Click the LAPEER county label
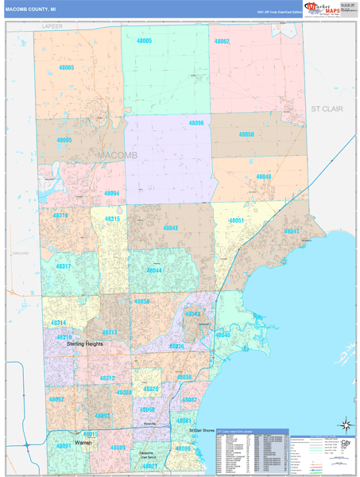[52, 26]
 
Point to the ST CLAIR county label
[327, 108]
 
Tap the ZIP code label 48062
[221, 41]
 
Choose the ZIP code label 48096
[195, 123]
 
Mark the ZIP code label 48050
[246, 135]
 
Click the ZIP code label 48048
[263, 177]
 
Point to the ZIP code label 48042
[170, 227]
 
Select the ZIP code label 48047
[291, 231]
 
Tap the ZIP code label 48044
[153, 270]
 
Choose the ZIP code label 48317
[63, 266]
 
